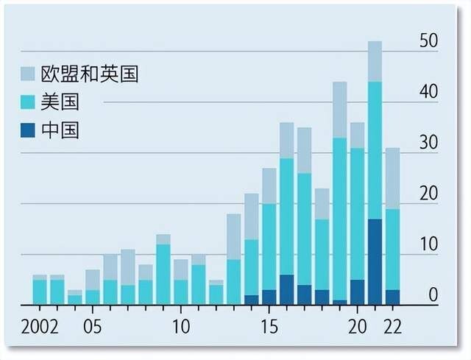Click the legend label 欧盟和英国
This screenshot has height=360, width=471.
(x=89, y=74)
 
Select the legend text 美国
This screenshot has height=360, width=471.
(x=60, y=102)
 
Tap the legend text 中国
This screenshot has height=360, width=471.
(x=60, y=130)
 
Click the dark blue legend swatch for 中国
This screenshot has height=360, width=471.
(x=28, y=130)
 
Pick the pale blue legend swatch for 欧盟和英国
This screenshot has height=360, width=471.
(x=28, y=74)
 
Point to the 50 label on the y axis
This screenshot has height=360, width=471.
(x=428, y=42)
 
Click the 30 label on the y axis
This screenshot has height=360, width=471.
(x=428, y=144)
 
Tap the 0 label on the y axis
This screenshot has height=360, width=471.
(x=433, y=296)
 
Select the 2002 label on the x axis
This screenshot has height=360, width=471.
(x=40, y=325)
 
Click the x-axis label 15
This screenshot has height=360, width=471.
(x=269, y=325)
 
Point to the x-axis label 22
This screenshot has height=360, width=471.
(x=392, y=325)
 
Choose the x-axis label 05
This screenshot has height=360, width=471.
(x=93, y=325)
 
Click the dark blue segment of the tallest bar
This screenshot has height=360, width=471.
(x=375, y=261)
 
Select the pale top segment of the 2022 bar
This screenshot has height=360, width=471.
(x=392, y=178)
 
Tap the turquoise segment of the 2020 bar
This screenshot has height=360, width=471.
(x=357, y=213)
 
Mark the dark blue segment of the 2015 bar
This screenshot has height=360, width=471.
(x=269, y=297)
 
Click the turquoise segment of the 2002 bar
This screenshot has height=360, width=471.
(x=40, y=292)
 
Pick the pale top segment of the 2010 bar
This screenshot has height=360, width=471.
(x=181, y=269)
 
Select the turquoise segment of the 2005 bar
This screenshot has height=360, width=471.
(x=93, y=297)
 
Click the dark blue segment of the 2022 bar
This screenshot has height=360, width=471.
(x=392, y=297)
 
